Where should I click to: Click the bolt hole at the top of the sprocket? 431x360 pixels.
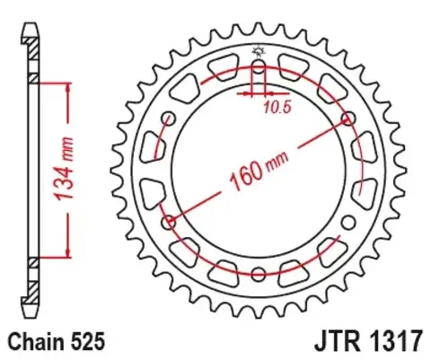259,67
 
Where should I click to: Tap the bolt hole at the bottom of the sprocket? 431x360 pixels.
259,274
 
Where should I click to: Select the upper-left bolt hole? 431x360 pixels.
169,119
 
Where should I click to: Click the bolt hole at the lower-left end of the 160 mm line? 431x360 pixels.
169,222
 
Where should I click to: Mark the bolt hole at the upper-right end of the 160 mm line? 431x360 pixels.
347,119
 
